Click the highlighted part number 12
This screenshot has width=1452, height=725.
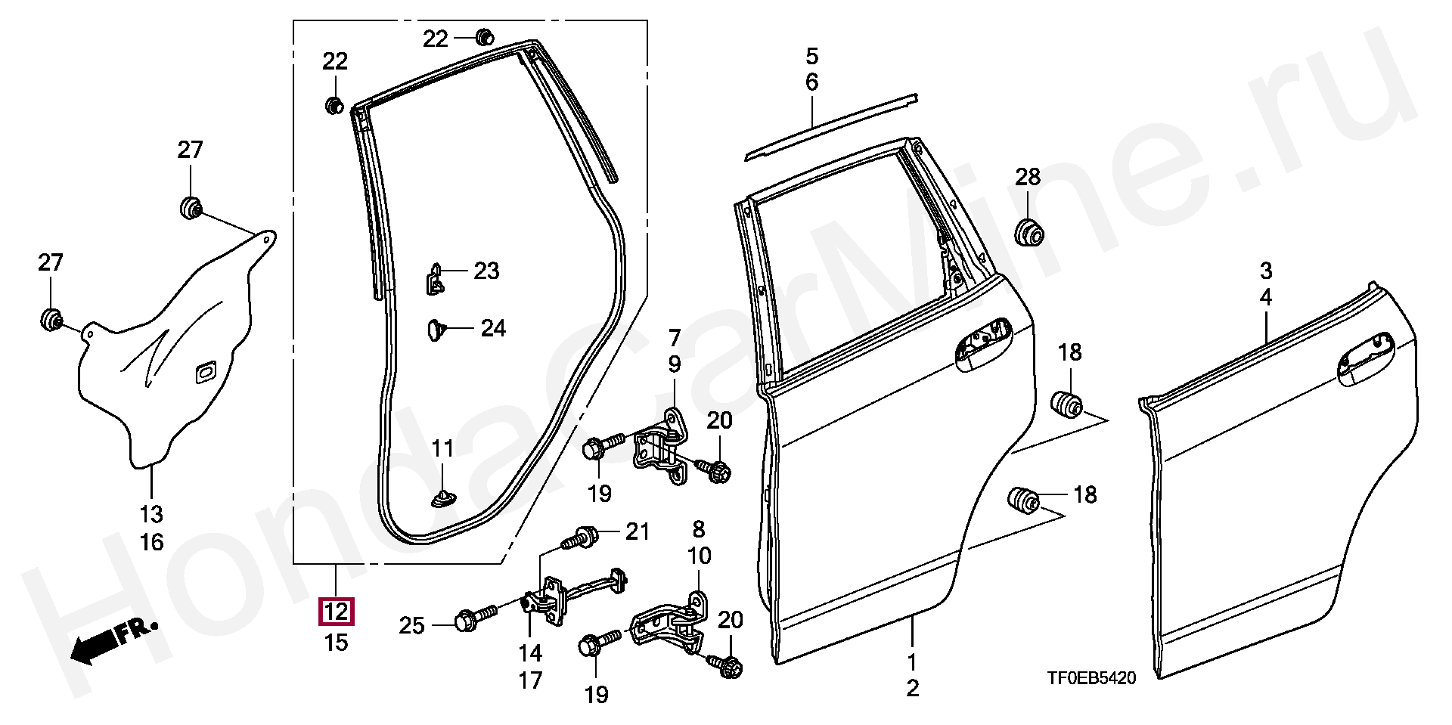[337, 612]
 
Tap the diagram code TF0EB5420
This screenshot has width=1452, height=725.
[1091, 678]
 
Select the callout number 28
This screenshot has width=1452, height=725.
[1028, 177]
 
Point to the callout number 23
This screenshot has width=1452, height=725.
[487, 271]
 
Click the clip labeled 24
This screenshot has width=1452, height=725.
[435, 330]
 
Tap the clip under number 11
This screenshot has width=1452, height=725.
[442, 497]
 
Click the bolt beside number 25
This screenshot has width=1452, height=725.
[473, 618]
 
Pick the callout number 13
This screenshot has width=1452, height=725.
[151, 515]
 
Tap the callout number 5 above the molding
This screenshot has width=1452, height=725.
[812, 56]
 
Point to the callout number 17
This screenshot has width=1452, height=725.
[530, 680]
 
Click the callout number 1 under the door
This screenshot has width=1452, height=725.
[912, 662]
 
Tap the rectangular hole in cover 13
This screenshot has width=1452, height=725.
[204, 371]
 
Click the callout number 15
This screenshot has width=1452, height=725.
[337, 643]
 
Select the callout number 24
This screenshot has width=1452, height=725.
[493, 328]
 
